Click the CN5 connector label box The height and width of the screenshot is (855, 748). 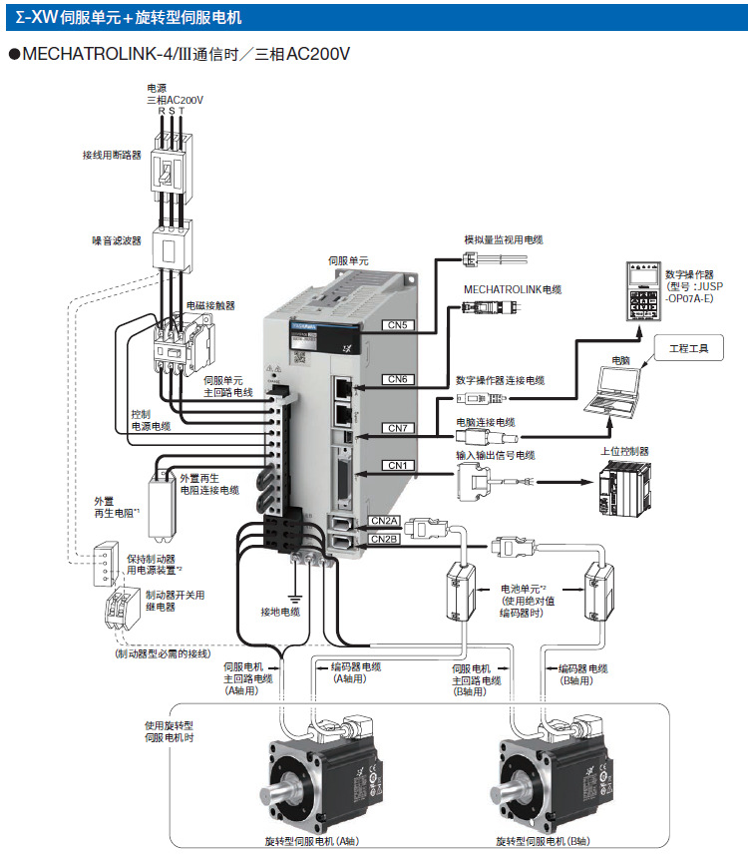coord(398,324)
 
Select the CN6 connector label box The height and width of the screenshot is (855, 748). coord(398,379)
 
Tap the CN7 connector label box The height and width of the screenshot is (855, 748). coord(398,428)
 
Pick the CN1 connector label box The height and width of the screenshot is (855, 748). coord(398,466)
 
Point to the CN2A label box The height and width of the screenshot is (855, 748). coord(385,521)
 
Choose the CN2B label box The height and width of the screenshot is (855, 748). coord(385,540)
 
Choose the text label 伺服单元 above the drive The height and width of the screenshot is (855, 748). coord(348,259)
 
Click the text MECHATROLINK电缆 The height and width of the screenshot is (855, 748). coord(513,289)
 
